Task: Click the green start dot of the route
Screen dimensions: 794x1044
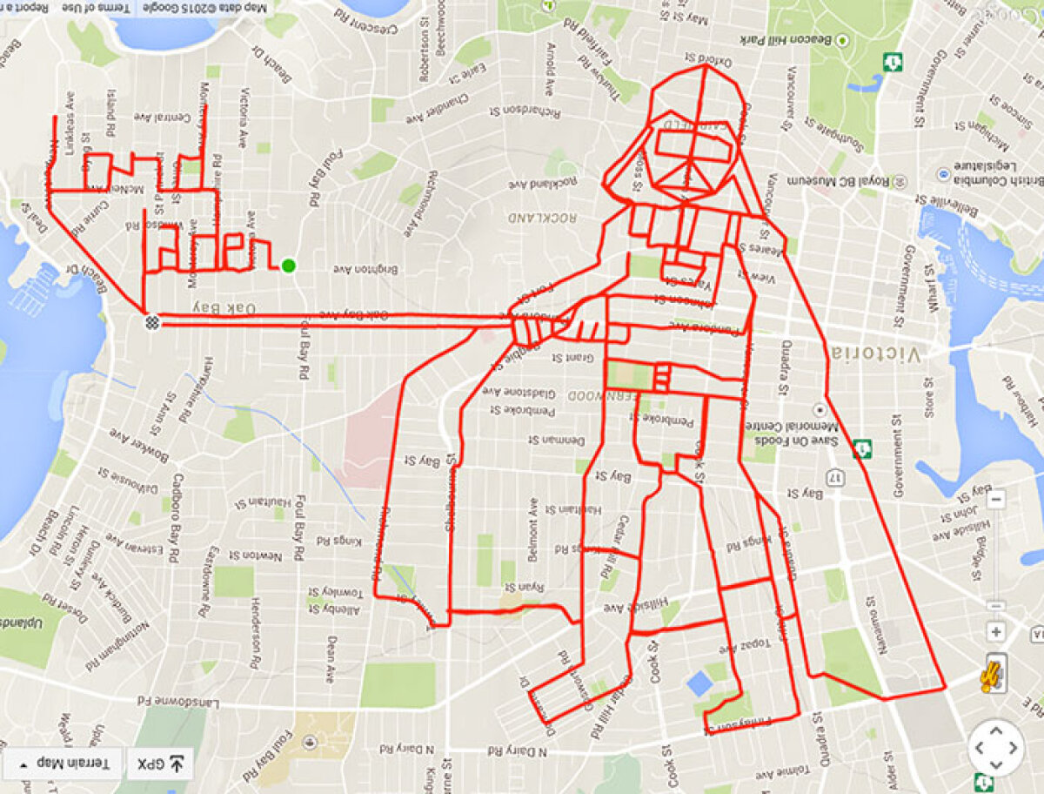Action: click(288, 266)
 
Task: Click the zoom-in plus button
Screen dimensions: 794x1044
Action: click(996, 632)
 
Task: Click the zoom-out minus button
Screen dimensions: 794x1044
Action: click(997, 501)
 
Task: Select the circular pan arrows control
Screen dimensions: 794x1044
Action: click(996, 748)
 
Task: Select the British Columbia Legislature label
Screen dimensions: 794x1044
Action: click(994, 170)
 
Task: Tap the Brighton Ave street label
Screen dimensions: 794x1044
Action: click(366, 269)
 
